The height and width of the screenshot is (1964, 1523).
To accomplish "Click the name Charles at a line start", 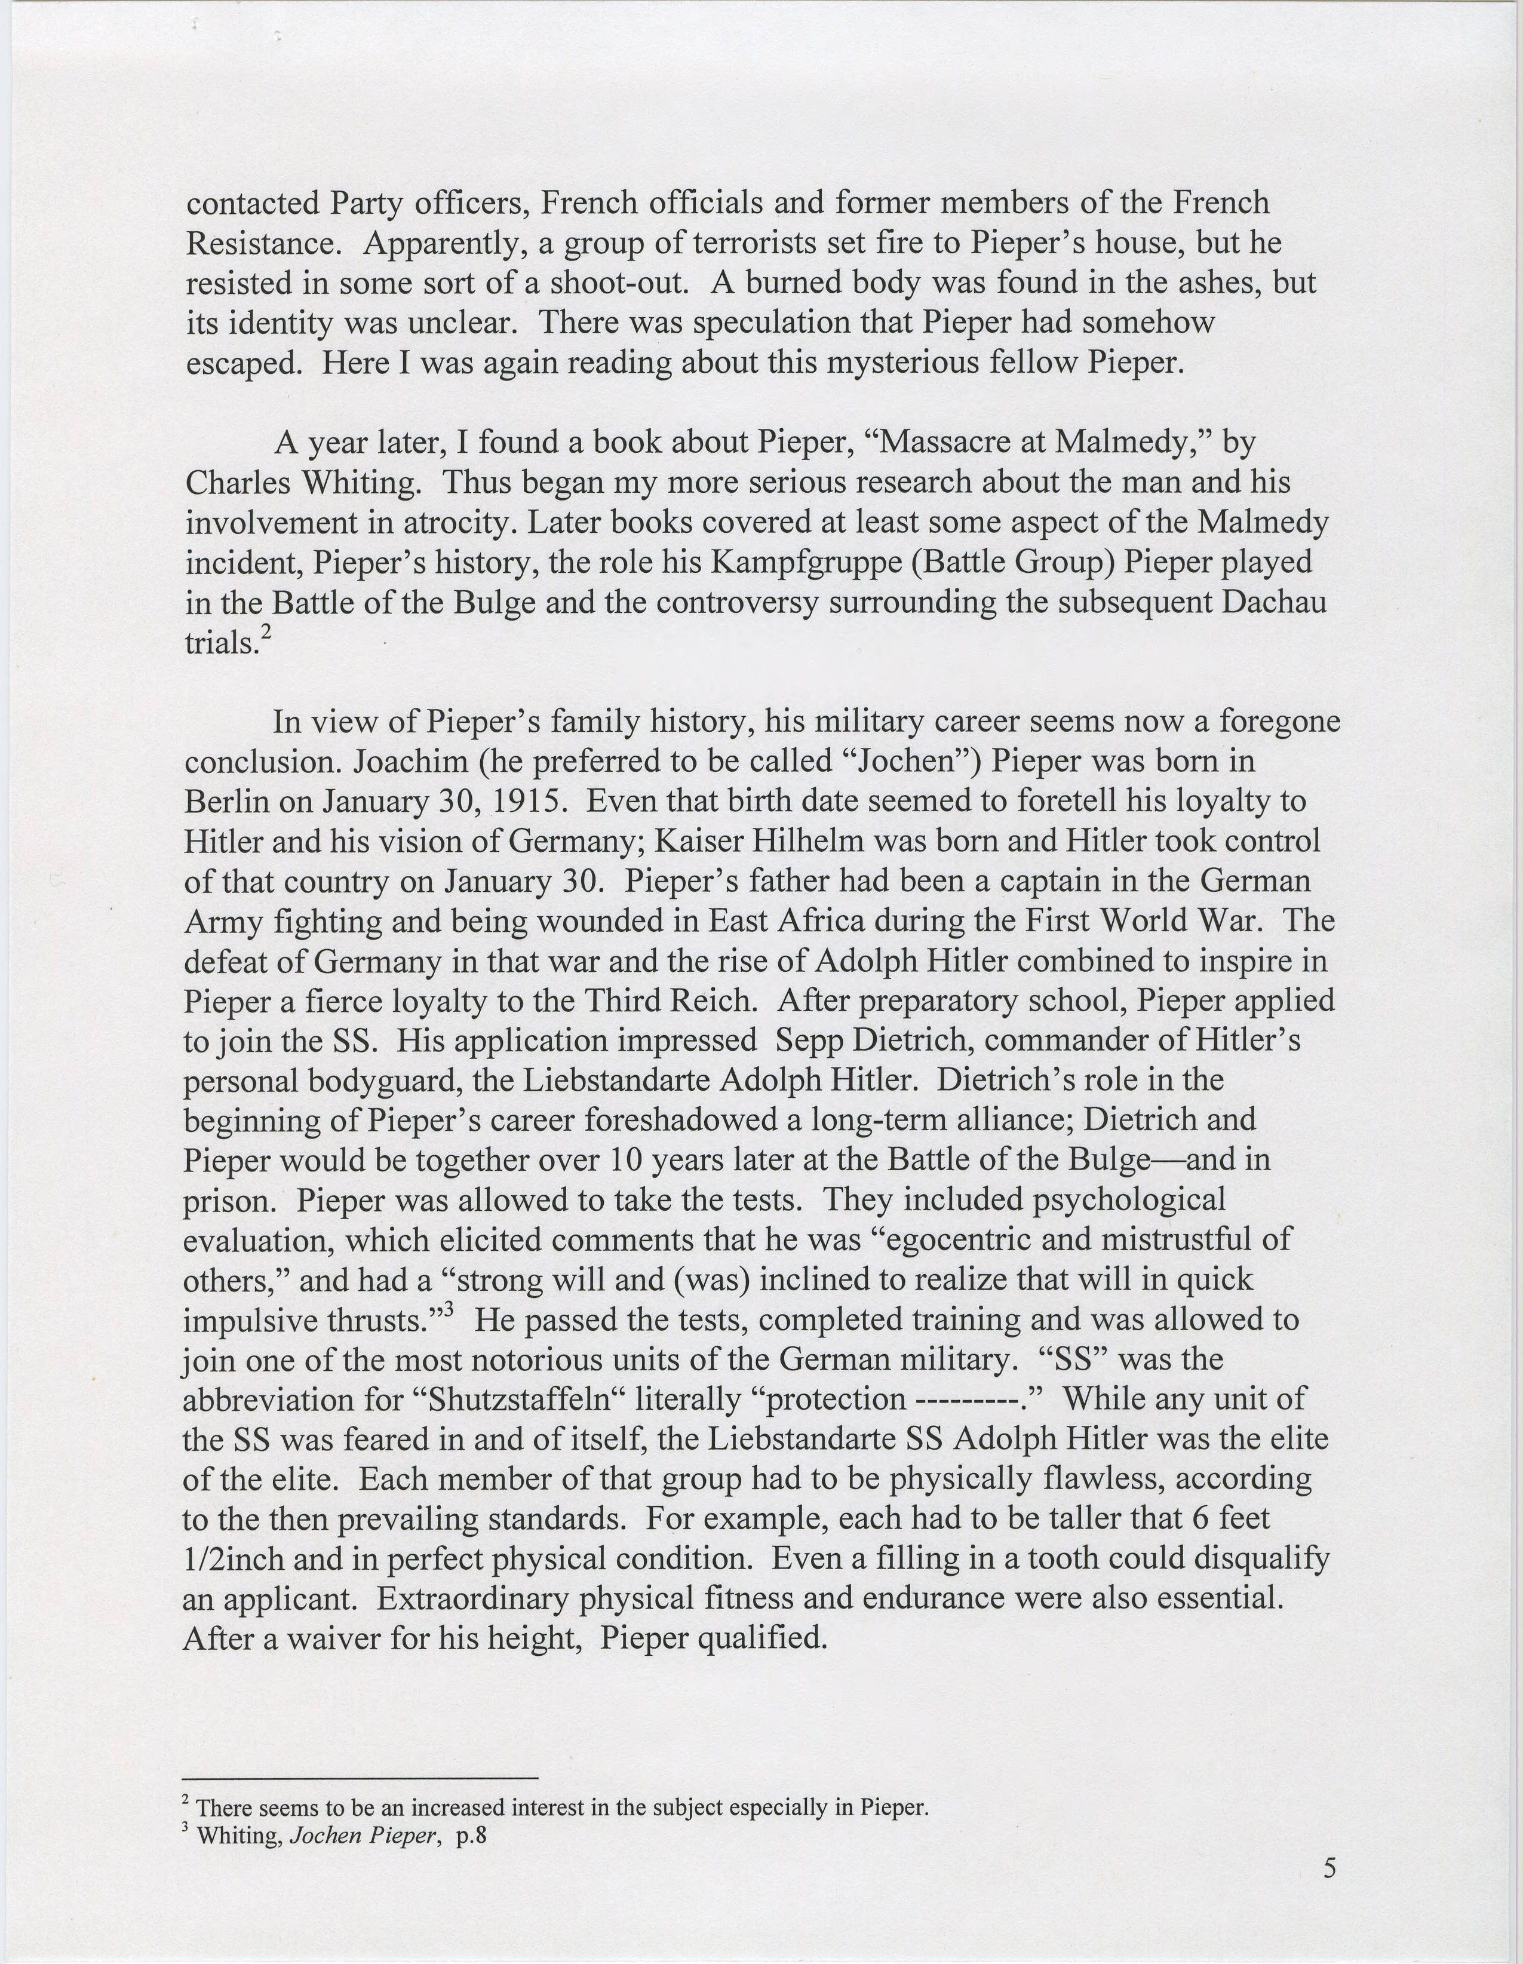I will (235, 483).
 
